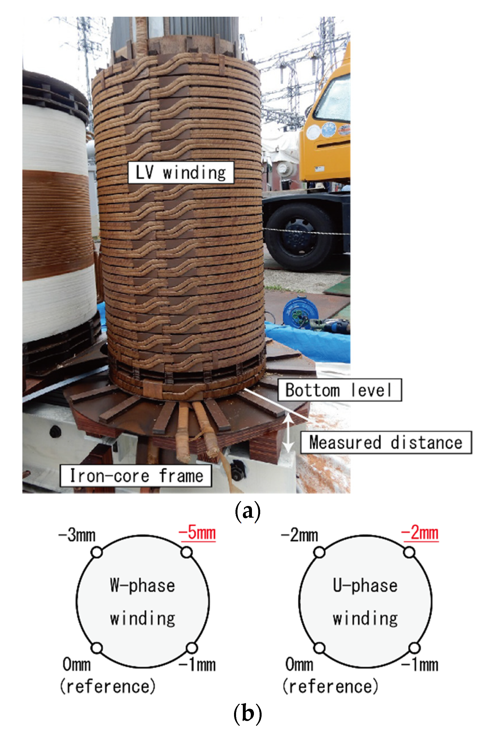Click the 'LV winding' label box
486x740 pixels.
pyautogui.click(x=181, y=172)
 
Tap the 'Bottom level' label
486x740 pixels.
pyautogui.click(x=339, y=390)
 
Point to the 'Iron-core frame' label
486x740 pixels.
pyautogui.click(x=136, y=475)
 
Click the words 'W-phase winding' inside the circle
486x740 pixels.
pyautogui.click(x=143, y=602)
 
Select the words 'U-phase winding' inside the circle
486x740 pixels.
pyautogui.click(x=365, y=602)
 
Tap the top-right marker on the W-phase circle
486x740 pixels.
pyautogui.click(x=187, y=553)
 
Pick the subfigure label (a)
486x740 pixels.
pyautogui.click(x=247, y=511)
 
